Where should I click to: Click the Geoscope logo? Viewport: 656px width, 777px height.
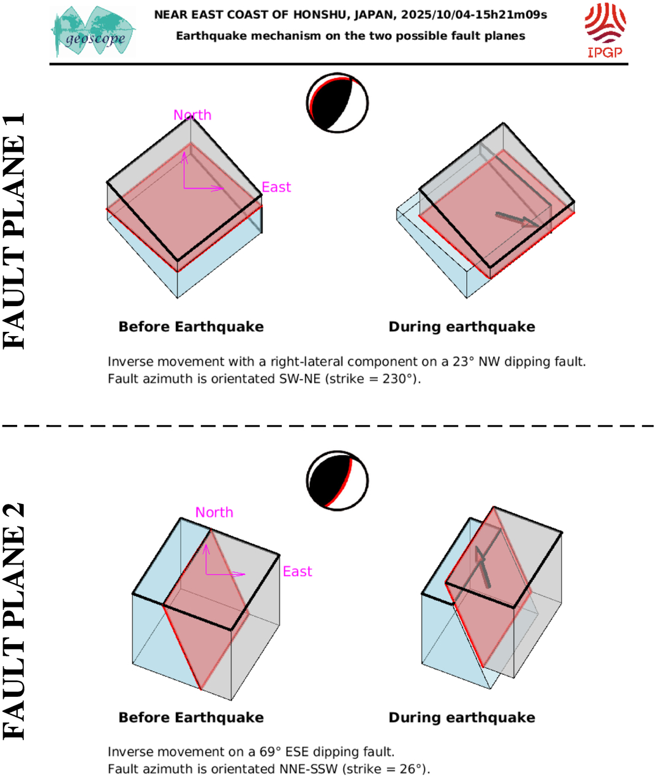point(94,32)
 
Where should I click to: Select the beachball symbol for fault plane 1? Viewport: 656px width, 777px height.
point(337,103)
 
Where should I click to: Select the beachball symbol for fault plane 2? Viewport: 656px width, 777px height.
point(337,481)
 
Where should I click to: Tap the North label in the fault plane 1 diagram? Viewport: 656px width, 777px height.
point(192,115)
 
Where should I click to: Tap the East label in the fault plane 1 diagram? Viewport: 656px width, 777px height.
point(276,187)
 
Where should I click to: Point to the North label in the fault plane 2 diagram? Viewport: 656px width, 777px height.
point(214,512)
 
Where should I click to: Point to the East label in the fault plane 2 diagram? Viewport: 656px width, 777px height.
point(298,572)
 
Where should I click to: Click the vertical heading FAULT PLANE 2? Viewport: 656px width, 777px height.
point(15,621)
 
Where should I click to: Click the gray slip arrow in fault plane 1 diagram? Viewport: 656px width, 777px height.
point(518,220)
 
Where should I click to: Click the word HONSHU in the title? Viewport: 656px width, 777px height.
point(322,14)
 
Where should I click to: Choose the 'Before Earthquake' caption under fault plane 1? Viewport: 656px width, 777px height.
point(191,327)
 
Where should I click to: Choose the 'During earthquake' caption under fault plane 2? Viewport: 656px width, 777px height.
point(462,718)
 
